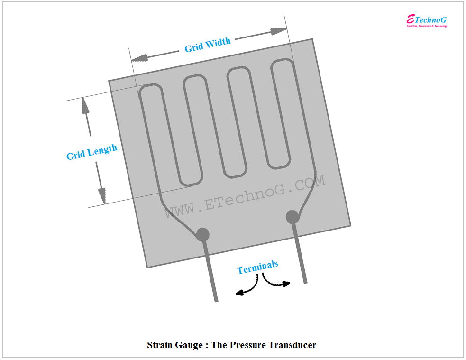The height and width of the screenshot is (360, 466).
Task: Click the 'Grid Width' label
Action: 208,45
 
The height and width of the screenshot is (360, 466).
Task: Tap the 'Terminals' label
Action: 257,268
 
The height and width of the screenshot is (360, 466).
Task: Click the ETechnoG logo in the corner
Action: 427,20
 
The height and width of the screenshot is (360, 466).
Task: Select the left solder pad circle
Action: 202,233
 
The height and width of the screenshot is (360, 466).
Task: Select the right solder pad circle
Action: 292,217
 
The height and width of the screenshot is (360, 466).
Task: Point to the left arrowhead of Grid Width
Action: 139,58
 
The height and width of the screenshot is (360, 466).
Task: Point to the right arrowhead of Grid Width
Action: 279,31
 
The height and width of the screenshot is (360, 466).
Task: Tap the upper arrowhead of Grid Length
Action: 85,106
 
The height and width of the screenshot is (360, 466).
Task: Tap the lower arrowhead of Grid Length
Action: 102,195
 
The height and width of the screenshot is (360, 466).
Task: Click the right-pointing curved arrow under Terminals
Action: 277,283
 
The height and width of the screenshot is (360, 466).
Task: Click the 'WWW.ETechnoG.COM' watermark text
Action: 245,197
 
